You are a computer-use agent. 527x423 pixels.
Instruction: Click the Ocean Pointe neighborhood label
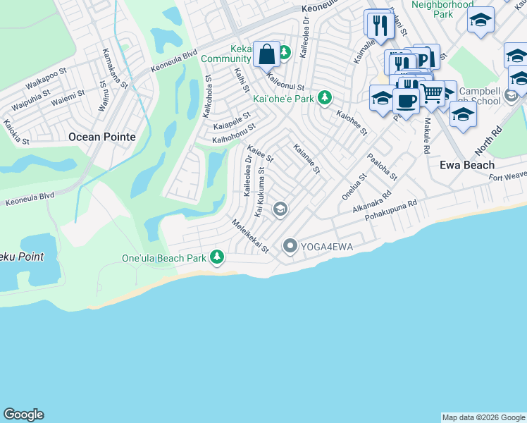(x=101, y=137)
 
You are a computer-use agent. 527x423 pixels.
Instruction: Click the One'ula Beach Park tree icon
(x=218, y=257)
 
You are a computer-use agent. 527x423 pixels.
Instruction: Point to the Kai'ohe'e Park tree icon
(x=324, y=98)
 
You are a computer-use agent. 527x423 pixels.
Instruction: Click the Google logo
(x=23, y=415)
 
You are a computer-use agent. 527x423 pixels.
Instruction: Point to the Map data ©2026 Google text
(x=483, y=417)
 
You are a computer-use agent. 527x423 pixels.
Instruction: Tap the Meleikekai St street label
(x=251, y=236)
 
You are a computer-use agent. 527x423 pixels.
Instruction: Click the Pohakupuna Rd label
(x=392, y=211)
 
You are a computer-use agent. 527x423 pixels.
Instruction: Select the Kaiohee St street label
(x=352, y=123)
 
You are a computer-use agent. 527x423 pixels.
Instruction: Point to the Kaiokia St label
(x=16, y=132)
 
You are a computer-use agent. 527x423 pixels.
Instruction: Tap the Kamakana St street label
(x=114, y=68)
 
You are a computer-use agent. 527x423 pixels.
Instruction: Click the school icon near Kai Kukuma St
(x=280, y=208)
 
